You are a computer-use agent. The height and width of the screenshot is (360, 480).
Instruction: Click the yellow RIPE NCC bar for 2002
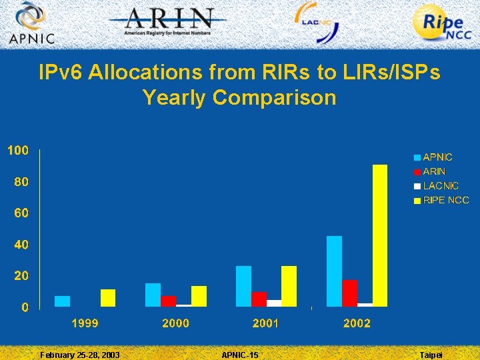pyautogui.click(x=379, y=235)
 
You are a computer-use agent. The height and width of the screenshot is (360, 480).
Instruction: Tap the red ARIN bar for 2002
pyautogui.click(x=349, y=293)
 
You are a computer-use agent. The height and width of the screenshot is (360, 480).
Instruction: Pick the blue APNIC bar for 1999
pyautogui.click(x=62, y=301)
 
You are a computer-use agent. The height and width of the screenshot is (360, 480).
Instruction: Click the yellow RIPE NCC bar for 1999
pyautogui.click(x=108, y=298)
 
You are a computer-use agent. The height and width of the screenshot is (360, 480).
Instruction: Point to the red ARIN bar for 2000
pyautogui.click(x=168, y=301)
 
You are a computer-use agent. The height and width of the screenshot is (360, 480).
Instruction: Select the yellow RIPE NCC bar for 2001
pyautogui.click(x=289, y=286)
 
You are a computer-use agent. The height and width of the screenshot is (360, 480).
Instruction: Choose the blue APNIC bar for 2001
pyautogui.click(x=243, y=286)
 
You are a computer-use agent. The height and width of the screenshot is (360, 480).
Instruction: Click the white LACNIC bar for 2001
pyautogui.click(x=273, y=303)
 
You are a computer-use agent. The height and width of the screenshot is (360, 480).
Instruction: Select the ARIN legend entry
pyautogui.click(x=434, y=171)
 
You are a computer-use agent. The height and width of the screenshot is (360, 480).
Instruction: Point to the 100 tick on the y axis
pyautogui.click(x=18, y=151)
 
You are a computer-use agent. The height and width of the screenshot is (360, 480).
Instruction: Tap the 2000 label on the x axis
pyautogui.click(x=175, y=323)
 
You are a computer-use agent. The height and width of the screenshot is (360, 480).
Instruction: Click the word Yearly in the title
pyautogui.click(x=175, y=98)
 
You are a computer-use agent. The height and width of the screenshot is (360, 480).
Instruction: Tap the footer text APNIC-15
pyautogui.click(x=239, y=355)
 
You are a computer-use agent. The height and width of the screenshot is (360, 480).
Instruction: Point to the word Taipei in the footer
pyautogui.click(x=431, y=355)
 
